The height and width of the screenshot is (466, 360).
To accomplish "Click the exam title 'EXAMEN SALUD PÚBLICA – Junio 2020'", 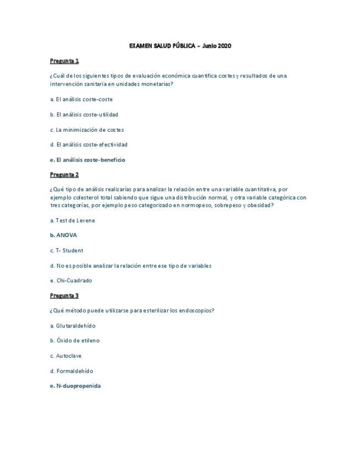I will click(180, 46).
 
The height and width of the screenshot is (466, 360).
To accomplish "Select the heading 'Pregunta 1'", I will click(64, 60).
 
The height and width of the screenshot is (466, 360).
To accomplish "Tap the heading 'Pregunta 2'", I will click(64, 175).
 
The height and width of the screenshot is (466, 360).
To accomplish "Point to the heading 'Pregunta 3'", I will click(64, 296).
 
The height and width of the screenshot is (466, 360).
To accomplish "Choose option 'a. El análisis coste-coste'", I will click(81, 99).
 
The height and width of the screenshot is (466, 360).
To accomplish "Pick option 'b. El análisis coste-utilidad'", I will click(84, 114).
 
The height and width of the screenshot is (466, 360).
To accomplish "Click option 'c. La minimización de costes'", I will click(86, 130).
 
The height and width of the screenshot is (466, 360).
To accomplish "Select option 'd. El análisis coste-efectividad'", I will click(88, 145).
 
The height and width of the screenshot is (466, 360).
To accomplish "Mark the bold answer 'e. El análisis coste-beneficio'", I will click(87, 160).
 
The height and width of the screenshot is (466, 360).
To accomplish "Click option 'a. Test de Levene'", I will click(72, 220).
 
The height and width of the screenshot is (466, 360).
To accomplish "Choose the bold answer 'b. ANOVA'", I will click(63, 235).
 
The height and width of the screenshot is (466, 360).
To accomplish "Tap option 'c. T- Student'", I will click(66, 251).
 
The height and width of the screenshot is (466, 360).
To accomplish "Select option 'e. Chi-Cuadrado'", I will click(70, 280).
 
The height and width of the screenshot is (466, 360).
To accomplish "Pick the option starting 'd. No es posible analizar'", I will click(130, 265).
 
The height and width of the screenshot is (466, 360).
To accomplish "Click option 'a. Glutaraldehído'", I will click(72, 326).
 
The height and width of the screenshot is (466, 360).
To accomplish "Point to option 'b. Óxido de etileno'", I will click(74, 341).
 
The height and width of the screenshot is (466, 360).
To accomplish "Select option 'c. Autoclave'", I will click(65, 356).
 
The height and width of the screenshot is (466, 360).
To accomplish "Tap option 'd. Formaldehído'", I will click(71, 371).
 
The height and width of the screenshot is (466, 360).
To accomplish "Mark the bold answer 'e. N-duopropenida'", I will click(75, 386).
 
